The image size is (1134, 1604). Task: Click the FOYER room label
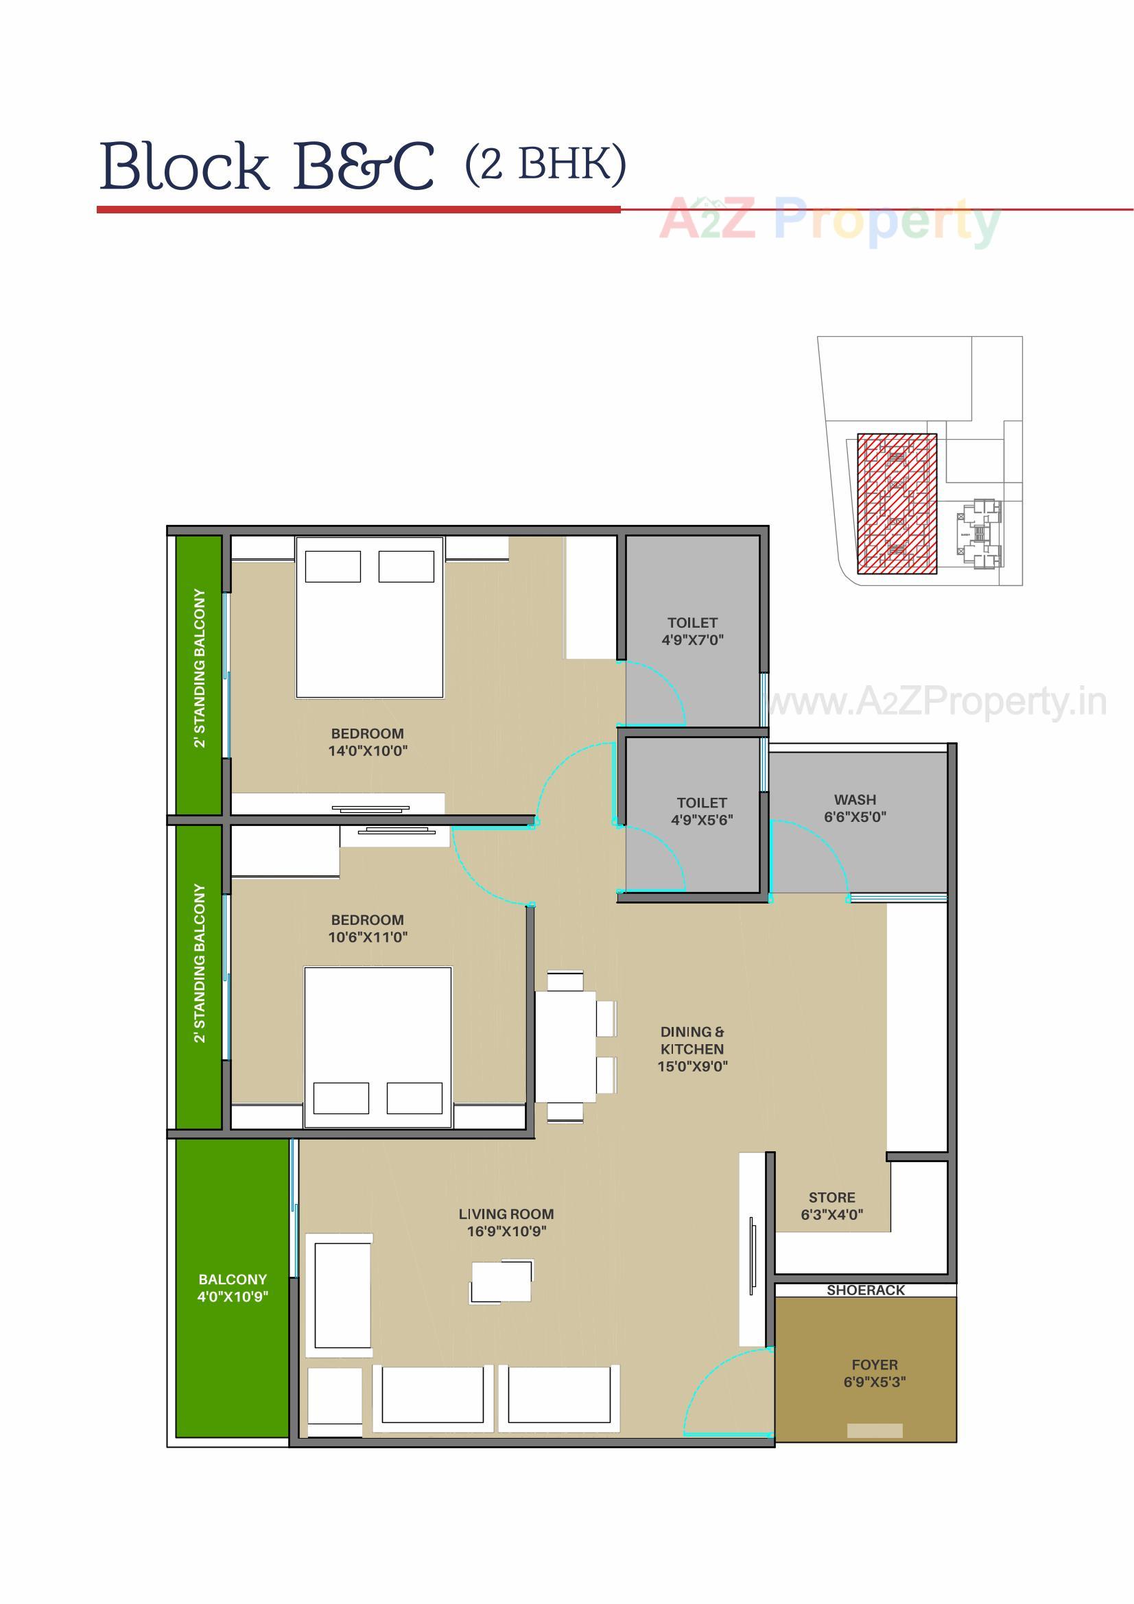874,1365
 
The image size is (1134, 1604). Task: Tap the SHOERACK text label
865,1290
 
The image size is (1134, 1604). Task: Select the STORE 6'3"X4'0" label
831,1206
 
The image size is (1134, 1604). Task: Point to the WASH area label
855,799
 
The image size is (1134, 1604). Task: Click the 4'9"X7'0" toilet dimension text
692,639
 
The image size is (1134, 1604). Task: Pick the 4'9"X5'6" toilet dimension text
702,820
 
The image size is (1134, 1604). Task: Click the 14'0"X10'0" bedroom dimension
368,751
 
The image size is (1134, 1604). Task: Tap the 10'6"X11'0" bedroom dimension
368,937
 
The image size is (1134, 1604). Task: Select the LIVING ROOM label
506,1214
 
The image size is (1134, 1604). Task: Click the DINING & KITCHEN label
692,1040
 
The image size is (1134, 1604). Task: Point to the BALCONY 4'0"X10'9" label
233,1288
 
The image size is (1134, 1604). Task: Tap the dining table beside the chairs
565,1046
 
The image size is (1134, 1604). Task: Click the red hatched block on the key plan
897,504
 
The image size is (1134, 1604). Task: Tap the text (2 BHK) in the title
545,164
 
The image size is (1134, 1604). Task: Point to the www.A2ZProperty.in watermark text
936,701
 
